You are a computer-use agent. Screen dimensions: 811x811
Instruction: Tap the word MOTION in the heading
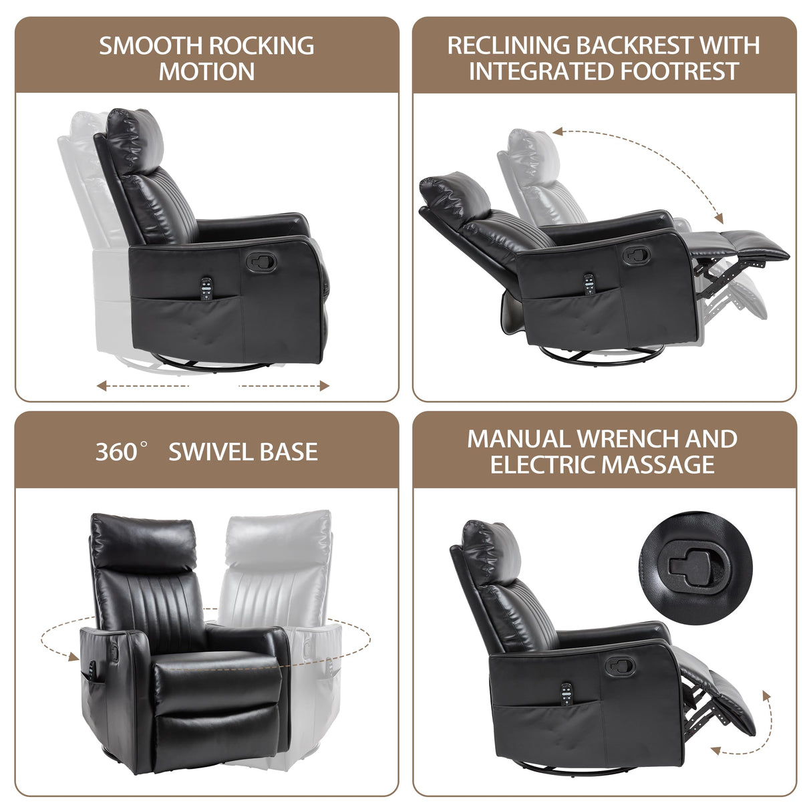point(206,71)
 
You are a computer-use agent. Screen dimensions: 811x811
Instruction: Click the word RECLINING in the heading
point(508,45)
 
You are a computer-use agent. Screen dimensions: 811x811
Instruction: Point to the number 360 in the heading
point(116,452)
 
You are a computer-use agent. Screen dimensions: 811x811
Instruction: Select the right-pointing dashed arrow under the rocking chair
point(285,385)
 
